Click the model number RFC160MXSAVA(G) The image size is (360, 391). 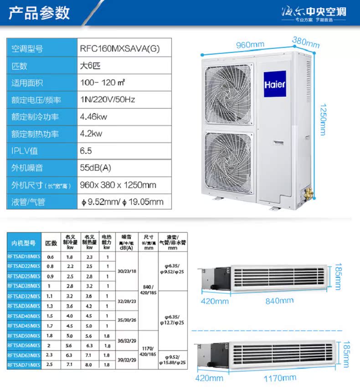point(119,49)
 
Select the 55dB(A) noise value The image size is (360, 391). point(95,167)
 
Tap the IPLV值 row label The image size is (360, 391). point(25,151)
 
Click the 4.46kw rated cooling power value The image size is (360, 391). point(93,116)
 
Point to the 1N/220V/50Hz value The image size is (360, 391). point(108,99)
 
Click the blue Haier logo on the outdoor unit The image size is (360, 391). point(275,84)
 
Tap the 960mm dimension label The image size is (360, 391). point(250,45)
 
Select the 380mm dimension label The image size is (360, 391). point(306,42)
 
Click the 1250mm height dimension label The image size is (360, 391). point(323,118)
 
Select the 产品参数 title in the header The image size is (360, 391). point(40,12)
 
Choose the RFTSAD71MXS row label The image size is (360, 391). point(24,365)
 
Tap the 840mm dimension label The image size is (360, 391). point(279,301)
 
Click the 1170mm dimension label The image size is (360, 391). point(280,378)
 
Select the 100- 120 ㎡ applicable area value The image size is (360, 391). point(103,83)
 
